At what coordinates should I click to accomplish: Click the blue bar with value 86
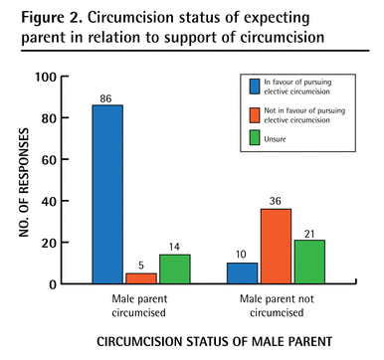[x=108, y=194]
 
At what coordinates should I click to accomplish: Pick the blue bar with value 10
[x=242, y=273]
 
